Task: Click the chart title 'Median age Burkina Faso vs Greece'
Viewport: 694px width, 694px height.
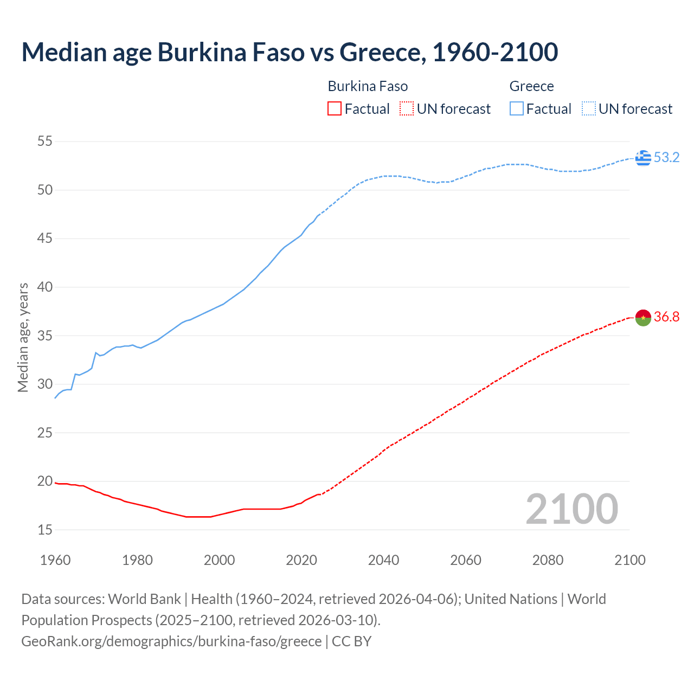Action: [290, 52]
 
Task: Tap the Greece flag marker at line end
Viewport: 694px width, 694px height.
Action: [643, 158]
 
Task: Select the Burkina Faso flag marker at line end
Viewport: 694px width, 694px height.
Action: [643, 317]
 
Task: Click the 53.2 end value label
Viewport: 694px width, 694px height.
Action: [666, 158]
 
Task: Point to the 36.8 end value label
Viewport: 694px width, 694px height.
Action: [666, 317]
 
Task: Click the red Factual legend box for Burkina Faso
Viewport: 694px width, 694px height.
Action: [335, 109]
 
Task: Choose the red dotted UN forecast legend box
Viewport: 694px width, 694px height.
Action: [407, 109]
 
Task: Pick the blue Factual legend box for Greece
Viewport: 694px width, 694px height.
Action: [516, 109]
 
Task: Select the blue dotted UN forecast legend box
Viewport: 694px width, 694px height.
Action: [588, 109]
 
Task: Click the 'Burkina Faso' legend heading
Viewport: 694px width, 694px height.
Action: [368, 86]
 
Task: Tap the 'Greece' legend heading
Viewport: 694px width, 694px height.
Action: [531, 86]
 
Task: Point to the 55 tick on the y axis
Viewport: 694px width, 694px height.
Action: [45, 142]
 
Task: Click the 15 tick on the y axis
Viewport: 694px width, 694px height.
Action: [45, 530]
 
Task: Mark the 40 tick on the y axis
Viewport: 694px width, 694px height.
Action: [45, 287]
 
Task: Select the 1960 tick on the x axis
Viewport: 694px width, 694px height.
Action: [55, 560]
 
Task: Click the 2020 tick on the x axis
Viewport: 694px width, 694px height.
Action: [301, 560]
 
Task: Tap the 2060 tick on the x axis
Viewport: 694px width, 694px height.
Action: [466, 560]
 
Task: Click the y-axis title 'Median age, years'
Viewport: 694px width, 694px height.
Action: [23, 337]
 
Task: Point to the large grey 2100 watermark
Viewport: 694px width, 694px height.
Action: [571, 509]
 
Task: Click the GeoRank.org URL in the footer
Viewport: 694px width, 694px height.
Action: [171, 641]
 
